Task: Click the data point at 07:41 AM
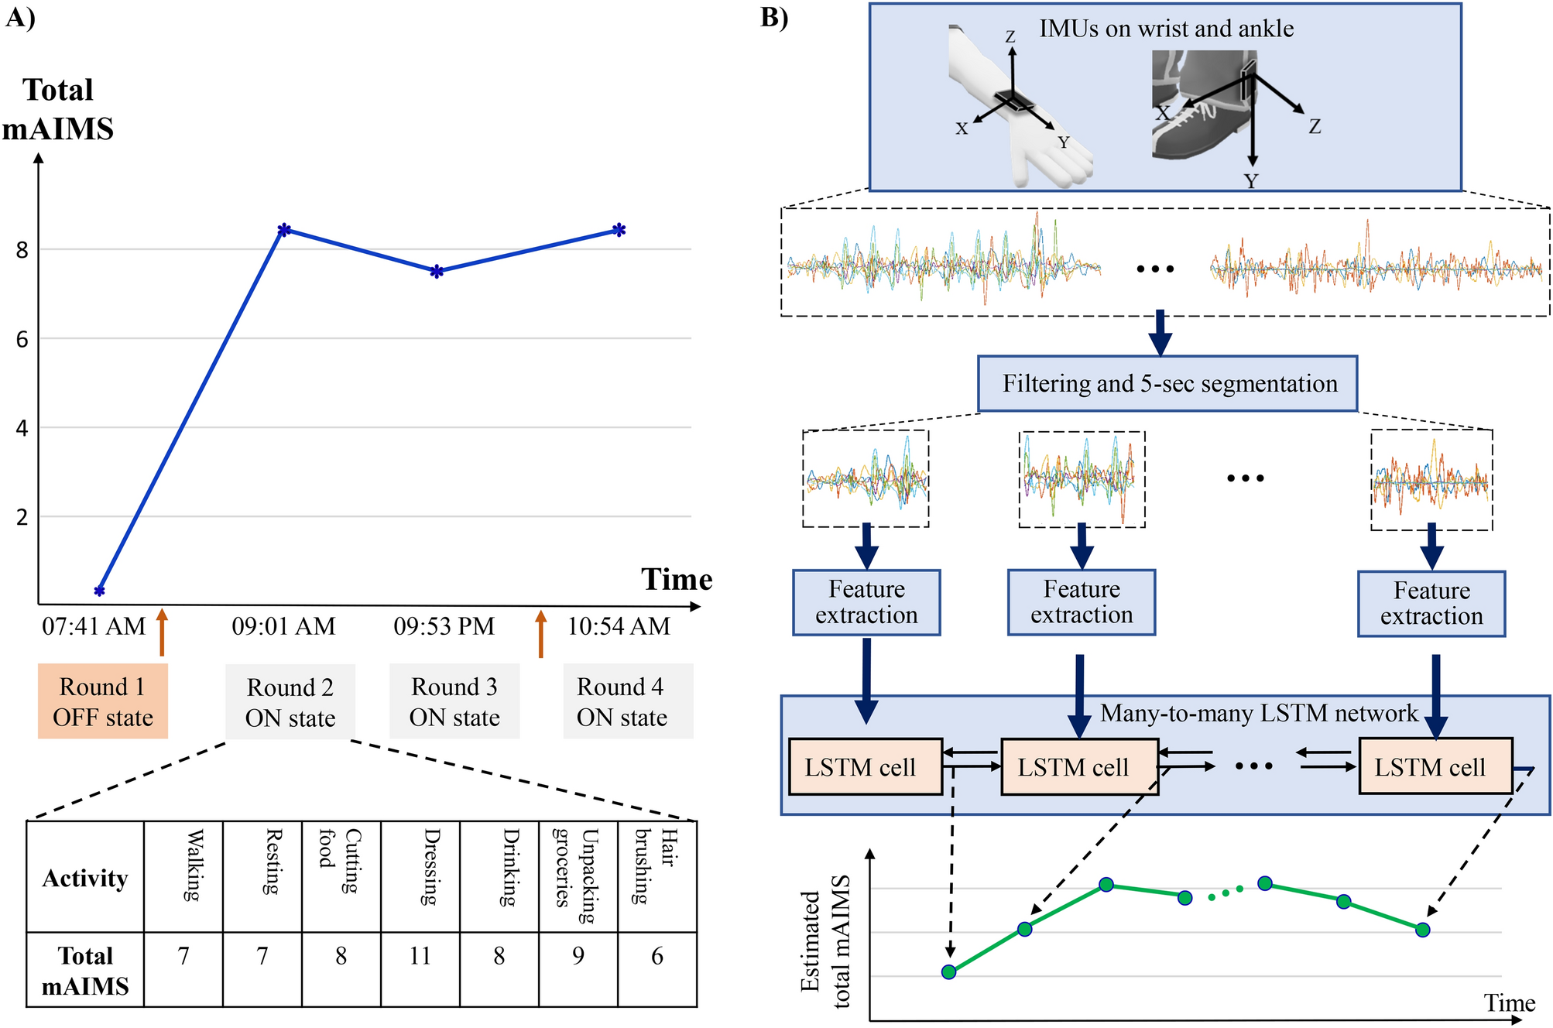(x=99, y=591)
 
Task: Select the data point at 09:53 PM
(x=437, y=272)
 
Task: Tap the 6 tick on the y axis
(x=22, y=339)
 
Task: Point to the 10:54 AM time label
(x=619, y=626)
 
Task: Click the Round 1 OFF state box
(x=103, y=701)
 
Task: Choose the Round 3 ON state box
(x=454, y=701)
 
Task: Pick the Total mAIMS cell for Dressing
(x=420, y=957)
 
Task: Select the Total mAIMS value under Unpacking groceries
(x=578, y=957)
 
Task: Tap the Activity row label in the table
(x=85, y=878)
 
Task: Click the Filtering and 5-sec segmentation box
(x=1167, y=384)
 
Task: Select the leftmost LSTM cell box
(x=865, y=767)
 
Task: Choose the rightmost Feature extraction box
(x=1431, y=604)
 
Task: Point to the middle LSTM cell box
(x=1079, y=767)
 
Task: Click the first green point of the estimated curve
(x=948, y=971)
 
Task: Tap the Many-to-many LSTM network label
(x=1259, y=713)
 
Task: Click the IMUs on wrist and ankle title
(x=1166, y=29)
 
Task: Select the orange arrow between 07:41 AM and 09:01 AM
(x=162, y=632)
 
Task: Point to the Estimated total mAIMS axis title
(x=824, y=941)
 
